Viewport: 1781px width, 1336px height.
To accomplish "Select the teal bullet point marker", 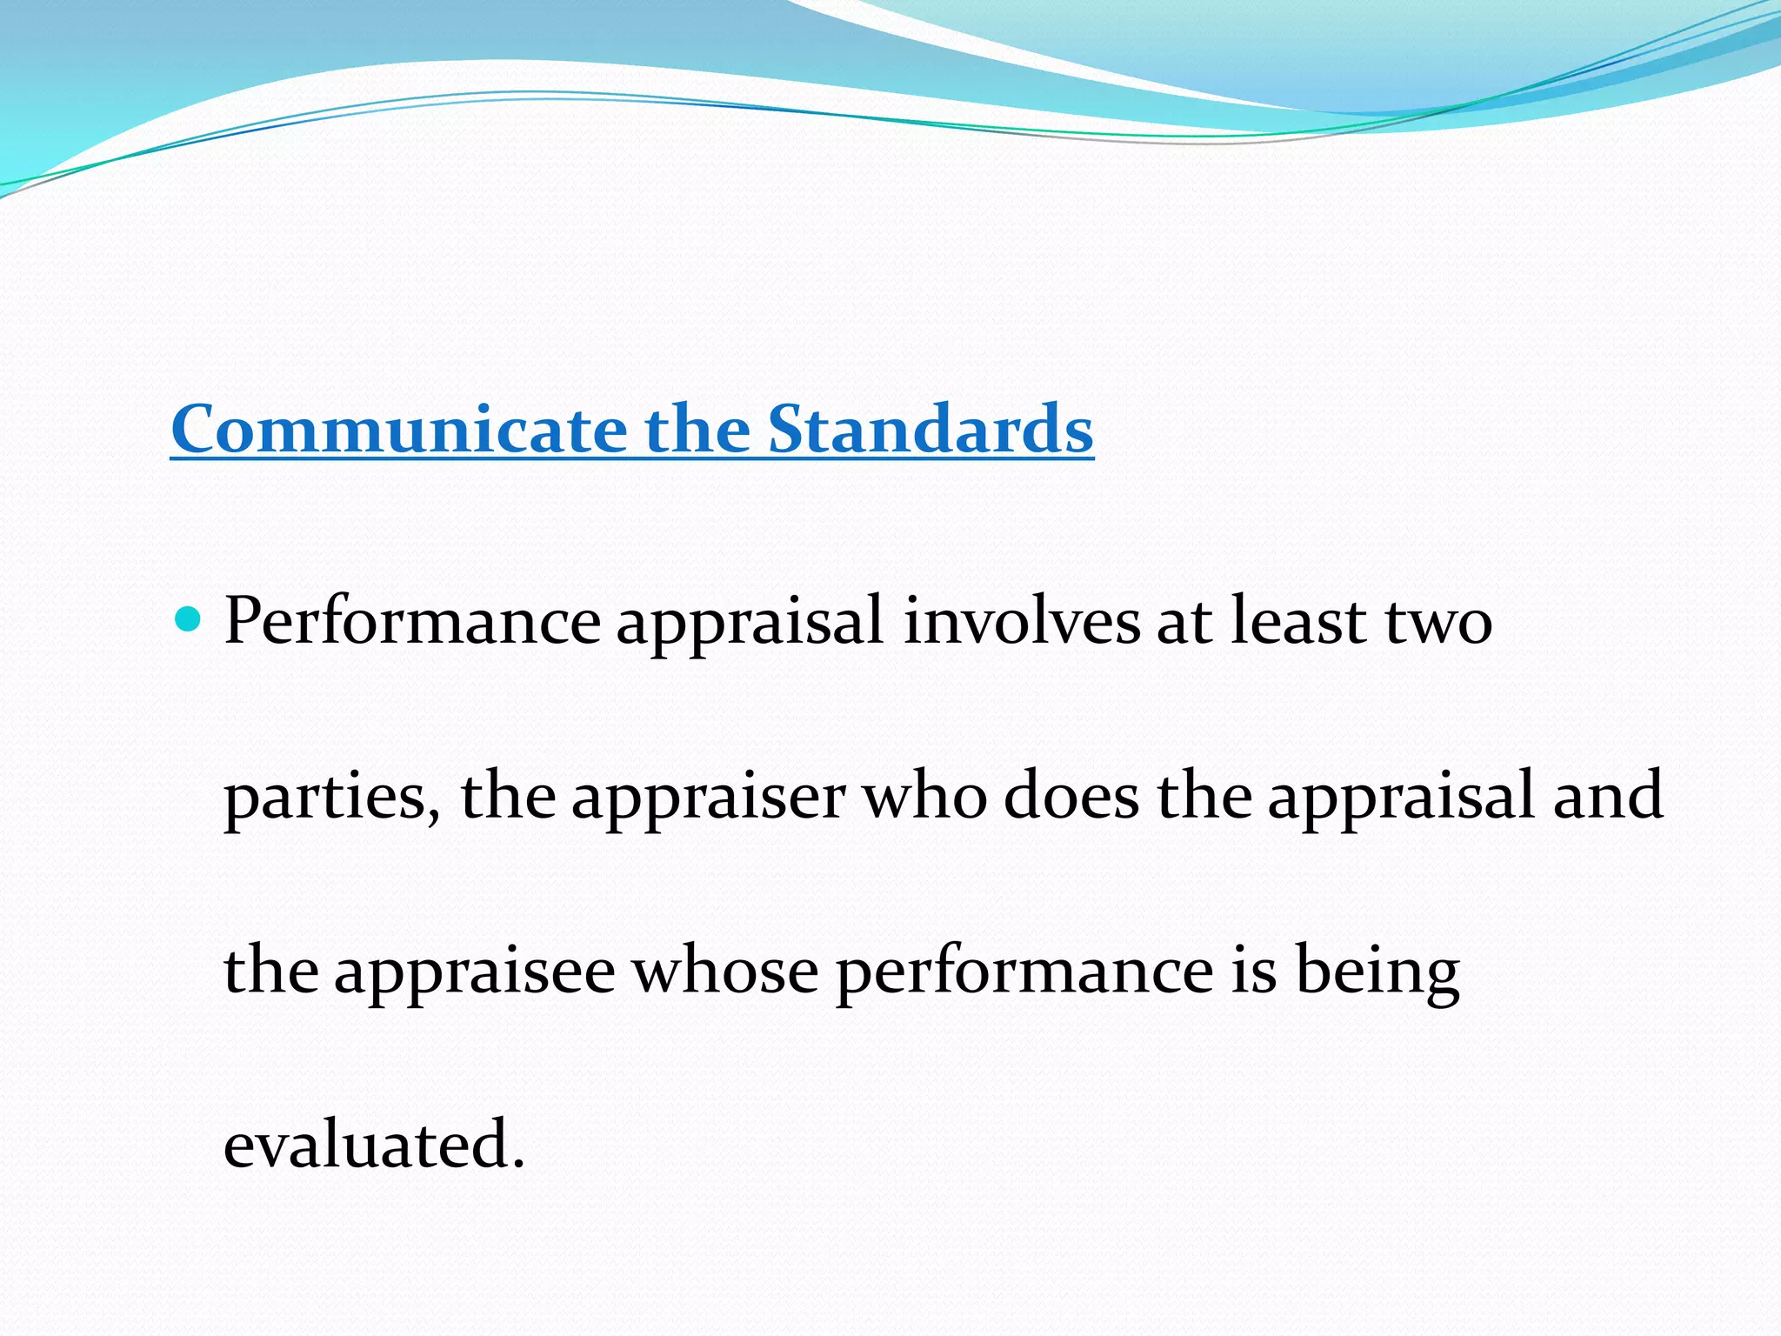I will click(x=188, y=620).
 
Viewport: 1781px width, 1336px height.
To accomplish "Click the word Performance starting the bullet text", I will click(x=412, y=622).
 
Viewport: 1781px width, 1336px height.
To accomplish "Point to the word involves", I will click(x=1021, y=622).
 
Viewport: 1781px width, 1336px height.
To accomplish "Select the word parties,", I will click(x=332, y=798).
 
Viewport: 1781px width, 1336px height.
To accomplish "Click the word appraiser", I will click(x=708, y=798).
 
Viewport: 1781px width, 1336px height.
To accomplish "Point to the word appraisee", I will click(x=475, y=972).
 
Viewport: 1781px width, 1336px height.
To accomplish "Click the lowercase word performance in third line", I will click(x=1024, y=972).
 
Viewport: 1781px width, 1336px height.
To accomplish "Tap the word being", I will click(x=1377, y=972).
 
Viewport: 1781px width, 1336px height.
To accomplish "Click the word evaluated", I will click(x=365, y=1145).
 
